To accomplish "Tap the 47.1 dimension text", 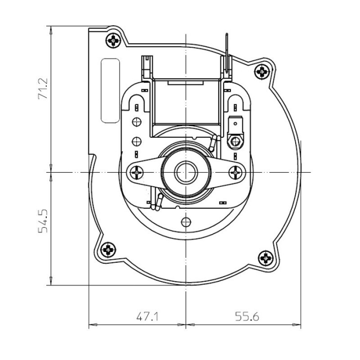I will pyautogui.click(x=147, y=317).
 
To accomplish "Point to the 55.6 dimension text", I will pyautogui.click(x=247, y=317).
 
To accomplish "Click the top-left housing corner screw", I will pyautogui.click(x=113, y=40).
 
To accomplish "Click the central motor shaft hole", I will pyautogui.click(x=184, y=172).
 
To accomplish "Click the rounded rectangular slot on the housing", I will pyautogui.click(x=110, y=91).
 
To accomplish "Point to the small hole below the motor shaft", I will pyautogui.click(x=184, y=222).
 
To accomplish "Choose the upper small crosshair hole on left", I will pyautogui.click(x=136, y=122).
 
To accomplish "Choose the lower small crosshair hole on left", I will pyautogui.click(x=136, y=141).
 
